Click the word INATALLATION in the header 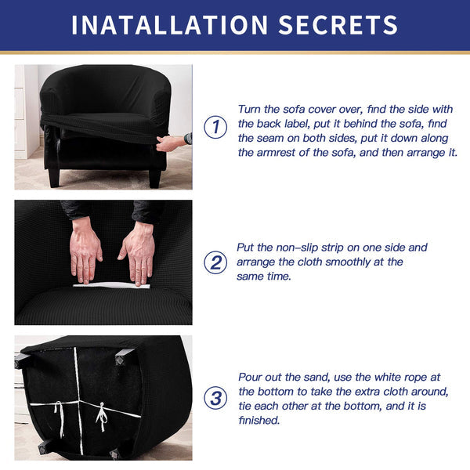170,25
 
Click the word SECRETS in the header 338,25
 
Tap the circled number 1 215,127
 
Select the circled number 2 215,262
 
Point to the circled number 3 215,399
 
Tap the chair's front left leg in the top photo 54,178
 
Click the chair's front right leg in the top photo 154,179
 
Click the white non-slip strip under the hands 111,285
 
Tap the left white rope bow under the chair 60,419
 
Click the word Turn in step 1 249,109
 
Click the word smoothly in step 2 348,262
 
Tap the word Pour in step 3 249,377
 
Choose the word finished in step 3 259,420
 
